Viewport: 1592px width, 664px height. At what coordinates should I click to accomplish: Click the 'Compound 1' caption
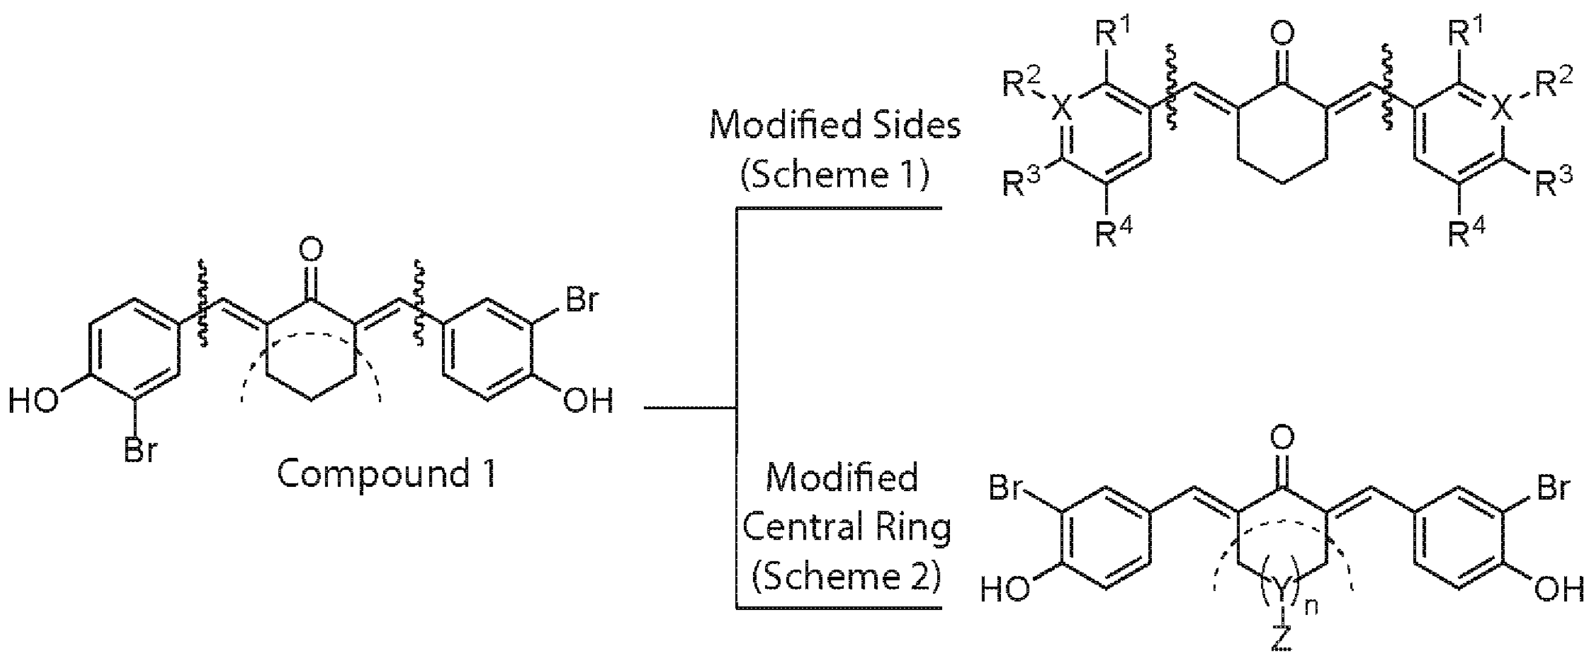[x=386, y=474]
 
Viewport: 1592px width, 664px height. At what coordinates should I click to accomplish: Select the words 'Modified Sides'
[x=835, y=125]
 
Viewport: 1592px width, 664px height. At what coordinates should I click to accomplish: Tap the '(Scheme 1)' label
[x=835, y=175]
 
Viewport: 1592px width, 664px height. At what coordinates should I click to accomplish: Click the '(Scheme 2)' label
[x=846, y=576]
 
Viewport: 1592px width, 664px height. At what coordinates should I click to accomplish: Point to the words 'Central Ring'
[x=846, y=528]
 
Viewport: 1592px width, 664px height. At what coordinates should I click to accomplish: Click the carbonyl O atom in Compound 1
[x=310, y=250]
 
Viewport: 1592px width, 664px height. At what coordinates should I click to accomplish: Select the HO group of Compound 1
[x=34, y=401]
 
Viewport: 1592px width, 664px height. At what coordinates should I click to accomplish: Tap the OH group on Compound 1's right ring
[x=587, y=401]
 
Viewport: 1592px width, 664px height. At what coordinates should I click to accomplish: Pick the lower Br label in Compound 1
[x=141, y=449]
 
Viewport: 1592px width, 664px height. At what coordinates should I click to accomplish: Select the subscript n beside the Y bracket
[x=1310, y=607]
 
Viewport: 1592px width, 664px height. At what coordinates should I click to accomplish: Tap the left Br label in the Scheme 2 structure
[x=1007, y=488]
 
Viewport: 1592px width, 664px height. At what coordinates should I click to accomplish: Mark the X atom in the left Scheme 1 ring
[x=1060, y=109]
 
